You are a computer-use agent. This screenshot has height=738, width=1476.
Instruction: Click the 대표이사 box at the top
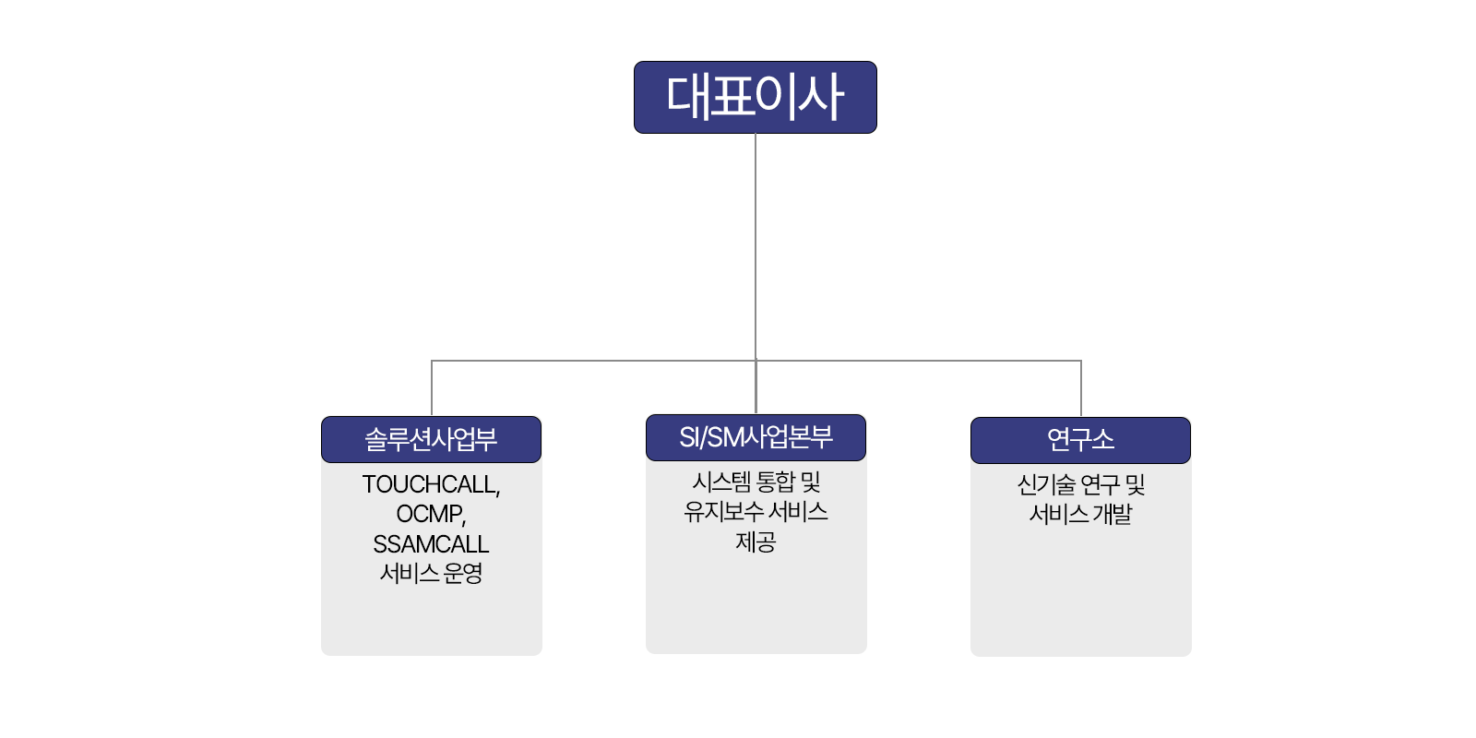pos(755,97)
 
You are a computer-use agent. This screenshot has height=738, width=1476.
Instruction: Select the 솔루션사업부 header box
pos(431,439)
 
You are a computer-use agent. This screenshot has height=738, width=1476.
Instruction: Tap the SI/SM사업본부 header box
pos(756,437)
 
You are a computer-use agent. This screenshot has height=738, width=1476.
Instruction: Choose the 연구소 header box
pos(1080,440)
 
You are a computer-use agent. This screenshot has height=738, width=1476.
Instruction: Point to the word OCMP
pos(429,514)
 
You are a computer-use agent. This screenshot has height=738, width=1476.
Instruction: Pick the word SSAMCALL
pos(431,544)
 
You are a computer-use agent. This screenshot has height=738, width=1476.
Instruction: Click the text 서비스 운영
pos(431,574)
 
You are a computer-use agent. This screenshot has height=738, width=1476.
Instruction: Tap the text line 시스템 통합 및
pos(756,482)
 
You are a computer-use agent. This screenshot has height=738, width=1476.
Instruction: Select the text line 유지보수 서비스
pos(756,511)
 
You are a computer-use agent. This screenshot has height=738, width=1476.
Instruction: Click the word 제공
pos(756,542)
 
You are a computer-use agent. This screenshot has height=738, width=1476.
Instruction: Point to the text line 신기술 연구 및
pos(1080,484)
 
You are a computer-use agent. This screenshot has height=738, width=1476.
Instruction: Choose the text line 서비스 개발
pos(1080,514)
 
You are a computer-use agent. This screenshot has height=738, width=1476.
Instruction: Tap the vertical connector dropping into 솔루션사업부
pos(432,387)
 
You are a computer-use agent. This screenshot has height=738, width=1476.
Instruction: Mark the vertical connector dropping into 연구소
pos(1081,387)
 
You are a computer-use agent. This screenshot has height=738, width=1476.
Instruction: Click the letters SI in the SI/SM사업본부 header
pos(689,437)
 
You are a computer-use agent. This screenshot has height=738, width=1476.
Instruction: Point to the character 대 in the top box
pos(686,96)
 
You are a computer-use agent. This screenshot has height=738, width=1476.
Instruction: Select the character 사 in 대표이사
pos(822,96)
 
